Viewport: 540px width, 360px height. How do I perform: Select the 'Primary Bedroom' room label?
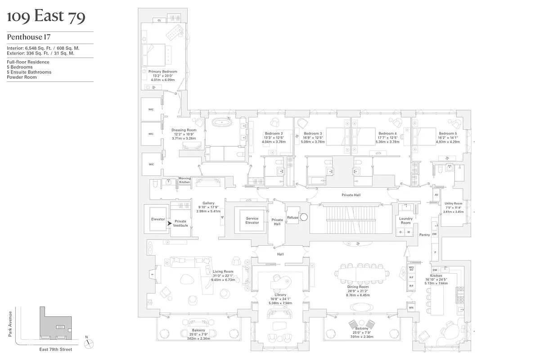pos(163,72)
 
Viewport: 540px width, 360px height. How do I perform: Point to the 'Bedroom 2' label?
pos(274,134)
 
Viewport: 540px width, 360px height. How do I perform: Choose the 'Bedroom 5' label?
pos(448,134)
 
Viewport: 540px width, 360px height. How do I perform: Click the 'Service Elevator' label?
pos(252,220)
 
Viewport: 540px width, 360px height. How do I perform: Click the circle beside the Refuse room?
pos(304,216)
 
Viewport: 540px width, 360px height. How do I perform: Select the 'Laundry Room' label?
pos(406,220)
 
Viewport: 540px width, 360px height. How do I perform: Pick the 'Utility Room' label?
pos(453,203)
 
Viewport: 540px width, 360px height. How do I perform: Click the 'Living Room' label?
pos(223,272)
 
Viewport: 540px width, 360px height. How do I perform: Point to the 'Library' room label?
pos(279,295)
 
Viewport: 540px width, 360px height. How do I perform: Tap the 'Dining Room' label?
pos(358,287)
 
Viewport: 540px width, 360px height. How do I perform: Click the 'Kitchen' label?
pos(436,275)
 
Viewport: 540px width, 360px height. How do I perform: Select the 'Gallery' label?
pos(208,203)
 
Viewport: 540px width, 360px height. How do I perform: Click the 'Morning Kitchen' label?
pos(184,180)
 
